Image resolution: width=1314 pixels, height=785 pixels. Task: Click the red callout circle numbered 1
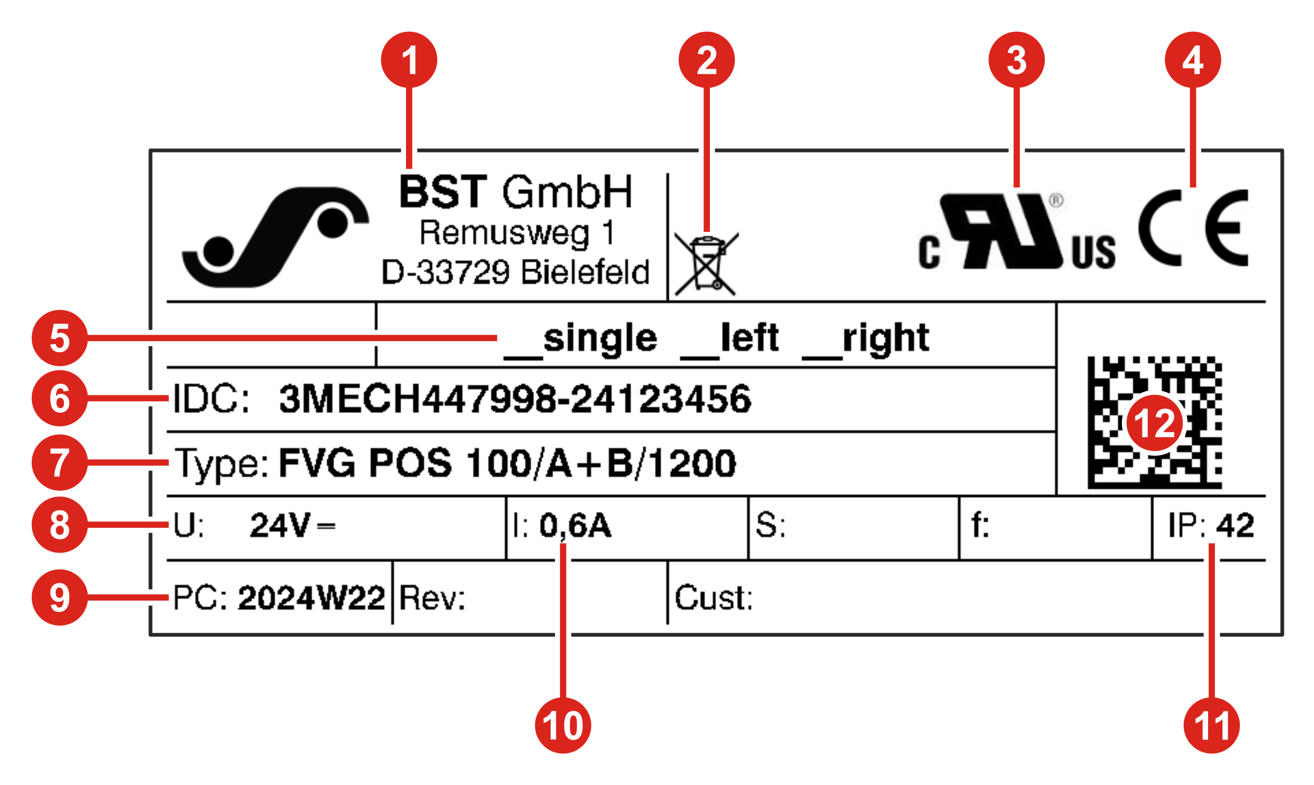409,60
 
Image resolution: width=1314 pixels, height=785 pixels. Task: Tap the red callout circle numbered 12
1154,423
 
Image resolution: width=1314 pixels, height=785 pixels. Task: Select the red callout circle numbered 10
563,725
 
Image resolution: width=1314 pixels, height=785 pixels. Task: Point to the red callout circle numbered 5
60,338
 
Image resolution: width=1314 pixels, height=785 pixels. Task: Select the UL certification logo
1016,232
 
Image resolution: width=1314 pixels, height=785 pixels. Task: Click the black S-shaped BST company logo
275,237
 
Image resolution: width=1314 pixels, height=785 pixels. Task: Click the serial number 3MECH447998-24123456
515,399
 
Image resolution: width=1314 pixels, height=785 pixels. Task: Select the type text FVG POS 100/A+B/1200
507,463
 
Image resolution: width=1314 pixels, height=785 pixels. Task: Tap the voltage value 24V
280,526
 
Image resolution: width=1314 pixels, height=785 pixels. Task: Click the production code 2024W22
311,598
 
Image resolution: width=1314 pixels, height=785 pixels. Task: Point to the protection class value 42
1235,526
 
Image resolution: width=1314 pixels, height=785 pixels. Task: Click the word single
600,338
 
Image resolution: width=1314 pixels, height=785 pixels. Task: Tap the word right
886,338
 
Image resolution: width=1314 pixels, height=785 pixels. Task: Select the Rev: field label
433,599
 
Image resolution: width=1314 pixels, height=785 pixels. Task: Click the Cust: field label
714,598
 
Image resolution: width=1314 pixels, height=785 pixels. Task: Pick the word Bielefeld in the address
586,272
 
